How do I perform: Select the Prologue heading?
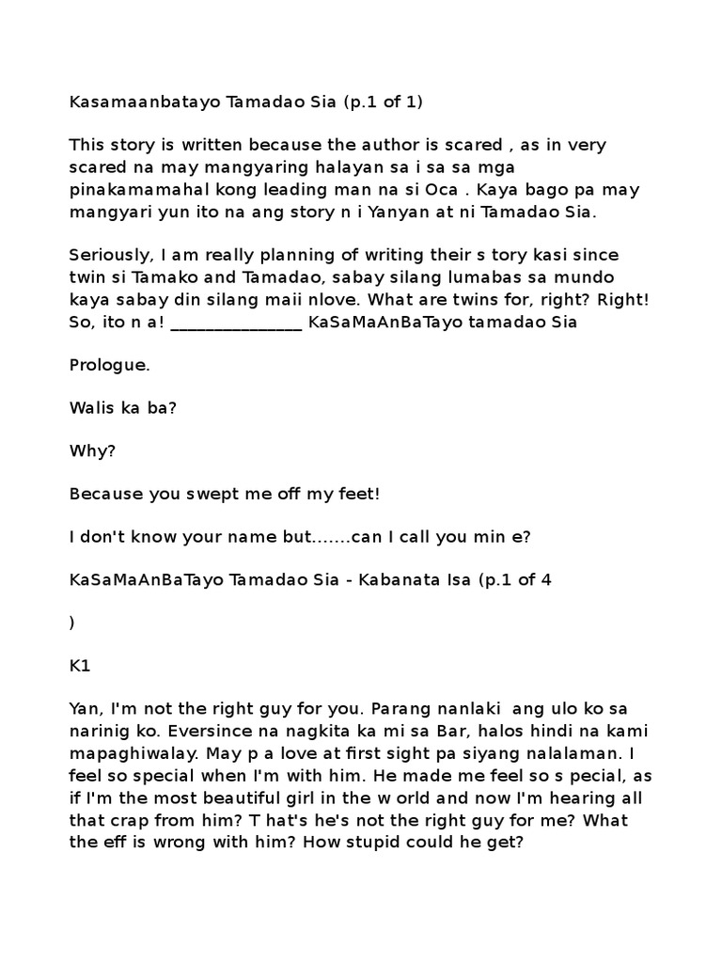pyautogui.click(x=110, y=366)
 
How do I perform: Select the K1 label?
pyautogui.click(x=79, y=666)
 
